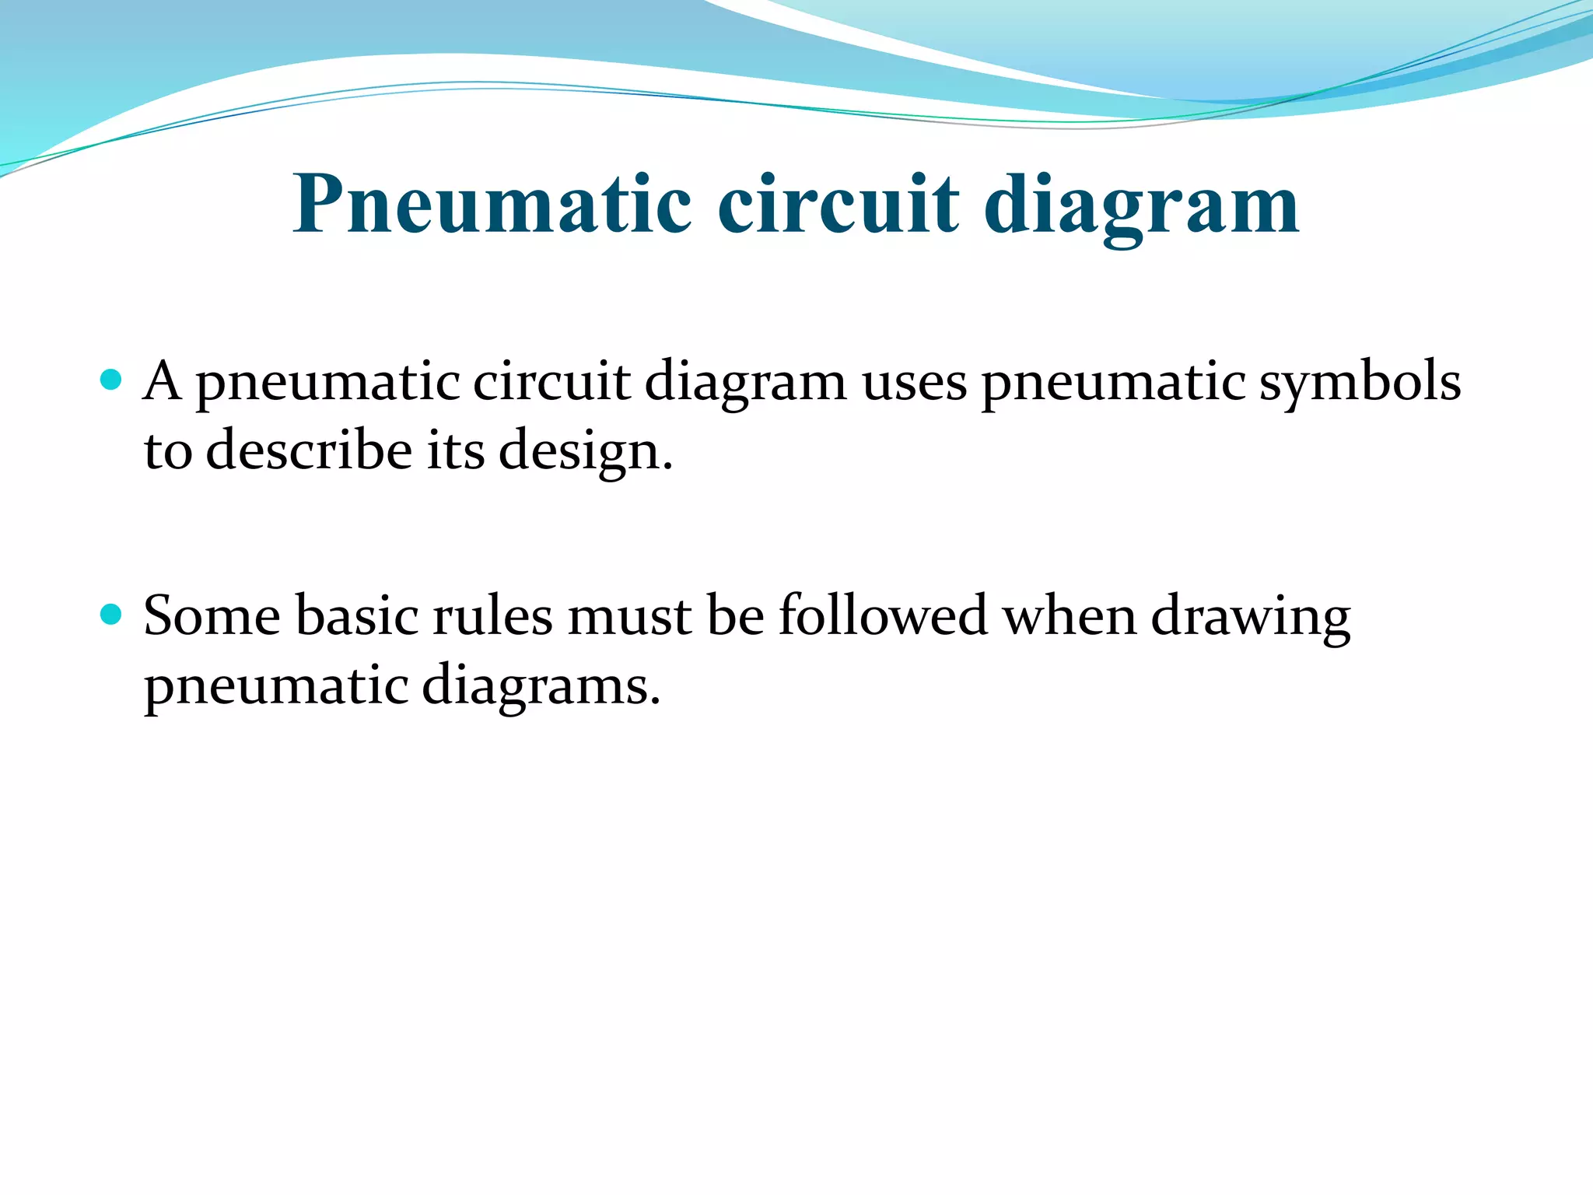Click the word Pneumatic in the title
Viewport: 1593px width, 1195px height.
492,204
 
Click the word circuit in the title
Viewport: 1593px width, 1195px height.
838,204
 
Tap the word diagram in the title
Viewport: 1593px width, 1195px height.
1141,204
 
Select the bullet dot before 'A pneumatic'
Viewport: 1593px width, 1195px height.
112,380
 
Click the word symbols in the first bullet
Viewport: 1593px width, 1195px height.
1360,382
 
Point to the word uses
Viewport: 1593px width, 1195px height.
914,384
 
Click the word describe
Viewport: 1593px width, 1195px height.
309,451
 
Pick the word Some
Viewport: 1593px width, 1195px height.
212,616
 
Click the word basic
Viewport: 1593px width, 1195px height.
357,616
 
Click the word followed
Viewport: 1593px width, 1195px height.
883,616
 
